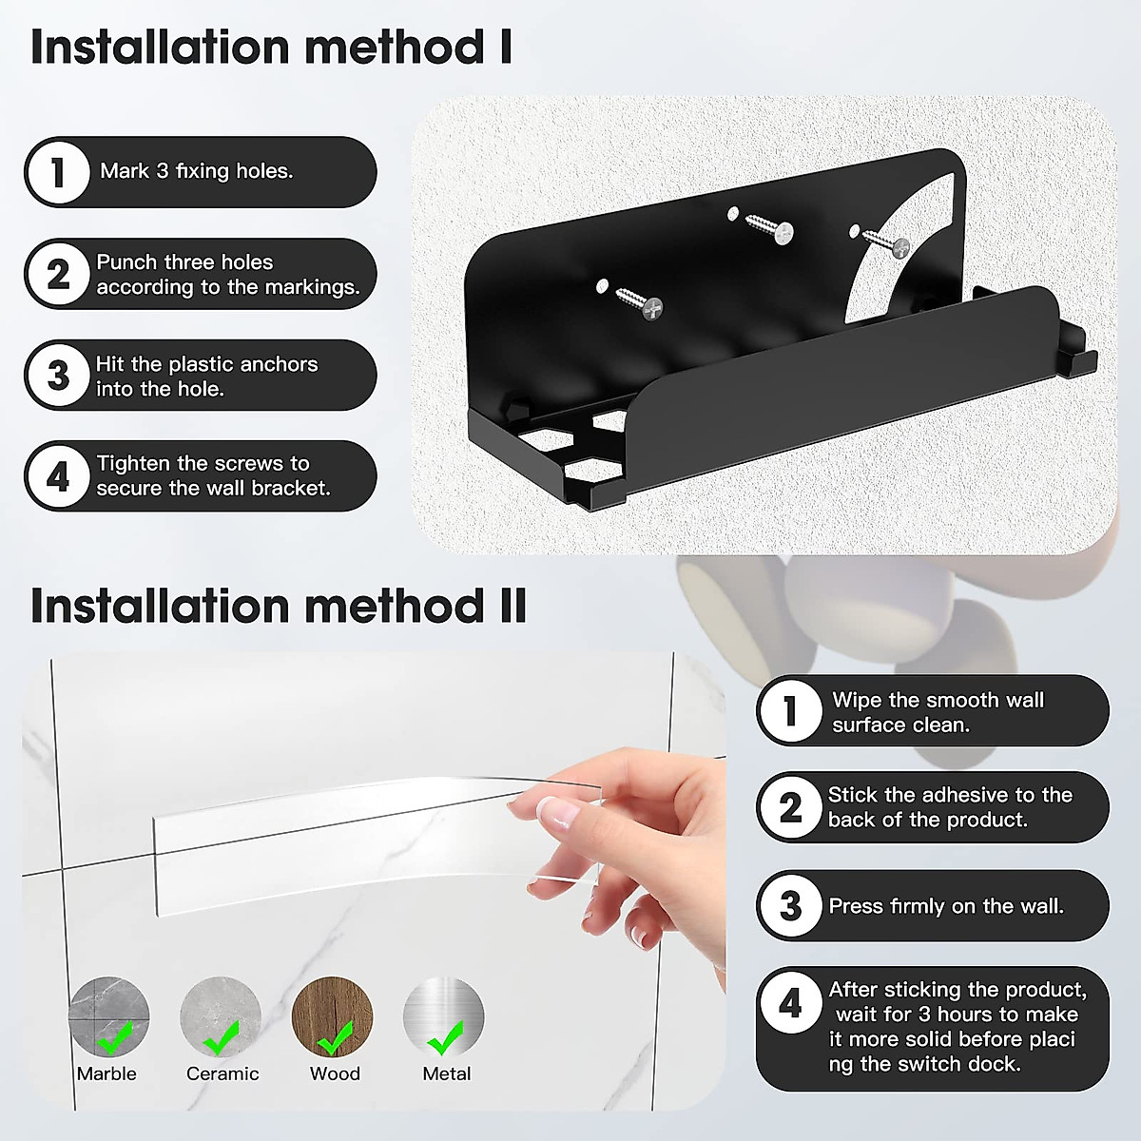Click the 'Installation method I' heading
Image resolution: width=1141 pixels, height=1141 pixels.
(271, 48)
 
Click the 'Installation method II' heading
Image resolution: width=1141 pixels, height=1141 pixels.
(278, 606)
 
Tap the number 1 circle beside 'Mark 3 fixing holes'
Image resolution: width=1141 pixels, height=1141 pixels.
(58, 172)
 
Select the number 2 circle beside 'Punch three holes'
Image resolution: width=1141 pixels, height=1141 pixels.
(58, 274)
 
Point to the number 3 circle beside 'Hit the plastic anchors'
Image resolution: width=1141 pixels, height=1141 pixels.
(58, 376)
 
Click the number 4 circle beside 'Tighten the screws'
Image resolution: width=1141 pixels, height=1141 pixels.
(58, 475)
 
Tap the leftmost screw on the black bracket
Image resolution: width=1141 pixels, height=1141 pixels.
(637, 302)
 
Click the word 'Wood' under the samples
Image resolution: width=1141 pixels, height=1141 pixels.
(335, 1073)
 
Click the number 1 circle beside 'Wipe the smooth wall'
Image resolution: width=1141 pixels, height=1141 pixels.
(790, 710)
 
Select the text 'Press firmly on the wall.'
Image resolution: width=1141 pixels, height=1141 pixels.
(946, 906)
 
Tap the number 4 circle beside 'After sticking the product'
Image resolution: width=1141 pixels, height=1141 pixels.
(790, 1003)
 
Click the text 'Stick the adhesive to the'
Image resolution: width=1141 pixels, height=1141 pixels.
(950, 795)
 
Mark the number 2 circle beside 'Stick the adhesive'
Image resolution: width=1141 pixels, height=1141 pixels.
(790, 808)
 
